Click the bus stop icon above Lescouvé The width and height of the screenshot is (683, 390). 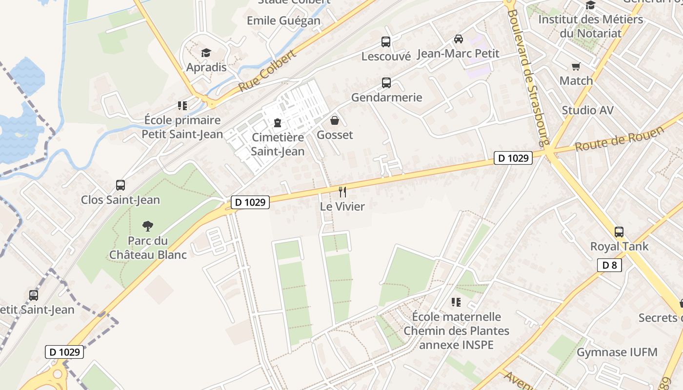click(386, 42)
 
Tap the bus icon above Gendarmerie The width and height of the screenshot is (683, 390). click(386, 83)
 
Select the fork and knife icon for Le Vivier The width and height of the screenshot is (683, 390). click(342, 192)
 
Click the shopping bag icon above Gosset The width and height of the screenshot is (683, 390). click(335, 120)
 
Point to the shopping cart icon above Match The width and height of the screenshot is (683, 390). click(576, 66)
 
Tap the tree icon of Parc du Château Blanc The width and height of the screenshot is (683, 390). click(147, 226)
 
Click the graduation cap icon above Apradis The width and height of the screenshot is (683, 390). click(206, 53)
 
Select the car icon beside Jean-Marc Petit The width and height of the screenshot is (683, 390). click(459, 39)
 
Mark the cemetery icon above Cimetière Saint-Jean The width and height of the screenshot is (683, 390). click(278, 123)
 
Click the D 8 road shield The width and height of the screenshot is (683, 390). click(609, 265)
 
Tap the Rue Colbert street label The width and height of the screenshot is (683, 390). click(267, 72)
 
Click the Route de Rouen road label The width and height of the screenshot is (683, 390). click(620, 138)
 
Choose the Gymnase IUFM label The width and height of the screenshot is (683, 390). click(617, 352)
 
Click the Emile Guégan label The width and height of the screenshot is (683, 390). click(283, 20)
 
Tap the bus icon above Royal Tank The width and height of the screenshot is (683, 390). click(619, 232)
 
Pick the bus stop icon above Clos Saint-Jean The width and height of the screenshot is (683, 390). click(121, 185)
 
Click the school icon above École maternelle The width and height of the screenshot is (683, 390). click(456, 302)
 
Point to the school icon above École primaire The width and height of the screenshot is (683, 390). click(182, 106)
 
